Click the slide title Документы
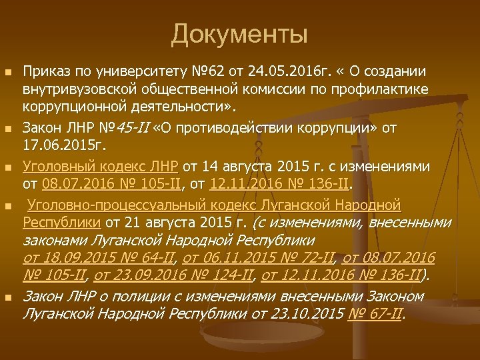point(239,34)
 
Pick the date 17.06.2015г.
point(60,145)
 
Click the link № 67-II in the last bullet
point(376,312)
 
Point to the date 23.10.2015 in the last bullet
point(313,312)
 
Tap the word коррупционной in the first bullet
point(67,107)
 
